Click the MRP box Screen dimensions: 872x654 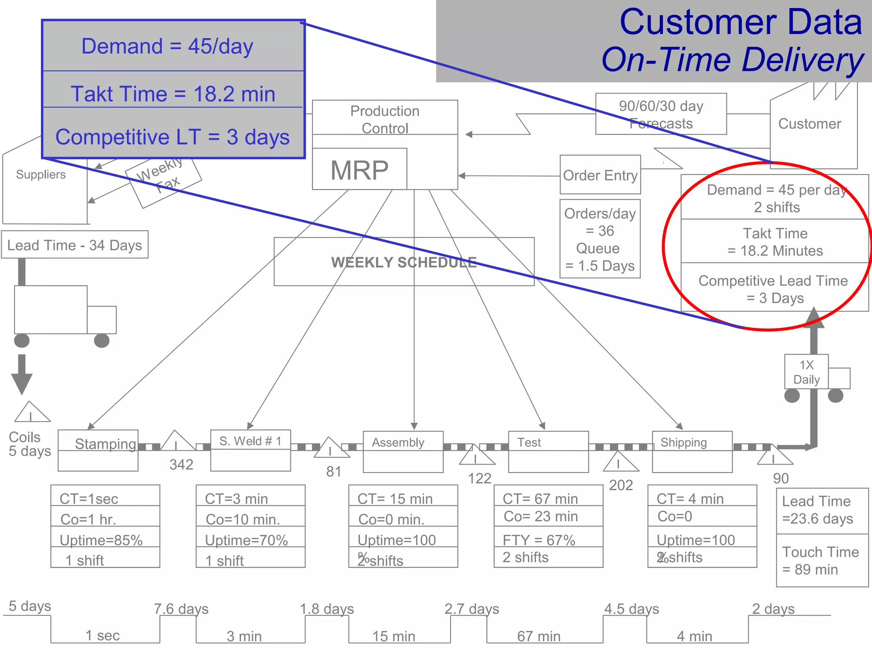coord(359,169)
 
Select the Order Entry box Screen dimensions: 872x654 coord(600,175)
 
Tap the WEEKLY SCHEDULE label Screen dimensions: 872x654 coord(404,262)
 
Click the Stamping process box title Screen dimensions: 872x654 coord(105,443)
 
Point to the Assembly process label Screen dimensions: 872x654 coord(398,442)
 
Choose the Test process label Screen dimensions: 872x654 coord(529,442)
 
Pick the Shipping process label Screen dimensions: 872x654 coord(683,442)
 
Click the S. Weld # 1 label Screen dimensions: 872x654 coord(250,441)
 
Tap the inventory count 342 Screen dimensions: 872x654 coord(181,464)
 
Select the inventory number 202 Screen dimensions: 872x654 coord(621,485)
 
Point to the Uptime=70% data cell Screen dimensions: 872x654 coord(247,540)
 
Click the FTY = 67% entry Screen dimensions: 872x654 coord(539,540)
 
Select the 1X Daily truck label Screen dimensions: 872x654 coord(806,372)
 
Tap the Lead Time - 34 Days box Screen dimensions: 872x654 coord(75,245)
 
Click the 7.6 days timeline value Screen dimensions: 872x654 coord(181,608)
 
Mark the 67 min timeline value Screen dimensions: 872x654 coord(539,636)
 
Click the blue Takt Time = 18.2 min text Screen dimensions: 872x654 coord(173,94)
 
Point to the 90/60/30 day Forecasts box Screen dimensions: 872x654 coord(661,114)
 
